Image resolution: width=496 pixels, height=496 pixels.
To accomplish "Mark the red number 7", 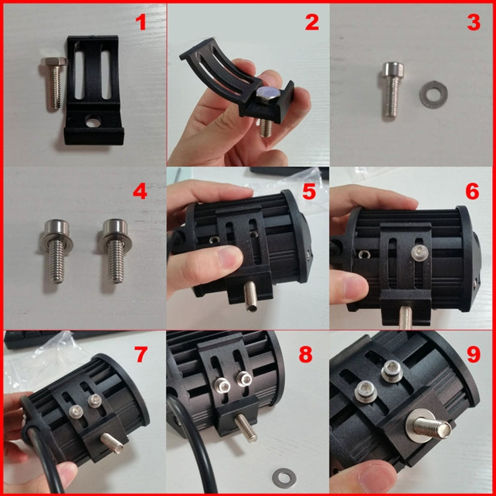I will point(140,354).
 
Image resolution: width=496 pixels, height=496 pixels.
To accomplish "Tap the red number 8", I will point(305,354).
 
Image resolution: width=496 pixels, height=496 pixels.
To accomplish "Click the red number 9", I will point(472,354).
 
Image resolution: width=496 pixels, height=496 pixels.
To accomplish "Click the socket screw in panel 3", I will point(392,86).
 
